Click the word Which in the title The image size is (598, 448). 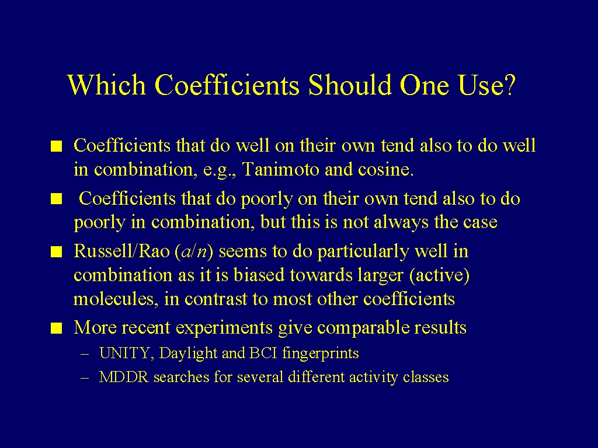click(107, 85)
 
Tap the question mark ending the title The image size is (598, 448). click(509, 85)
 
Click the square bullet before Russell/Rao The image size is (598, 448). click(57, 252)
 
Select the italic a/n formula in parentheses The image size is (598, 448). click(194, 252)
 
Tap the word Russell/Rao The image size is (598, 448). click(121, 251)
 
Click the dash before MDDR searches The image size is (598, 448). click(85, 378)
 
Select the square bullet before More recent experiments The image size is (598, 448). click(57, 328)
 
